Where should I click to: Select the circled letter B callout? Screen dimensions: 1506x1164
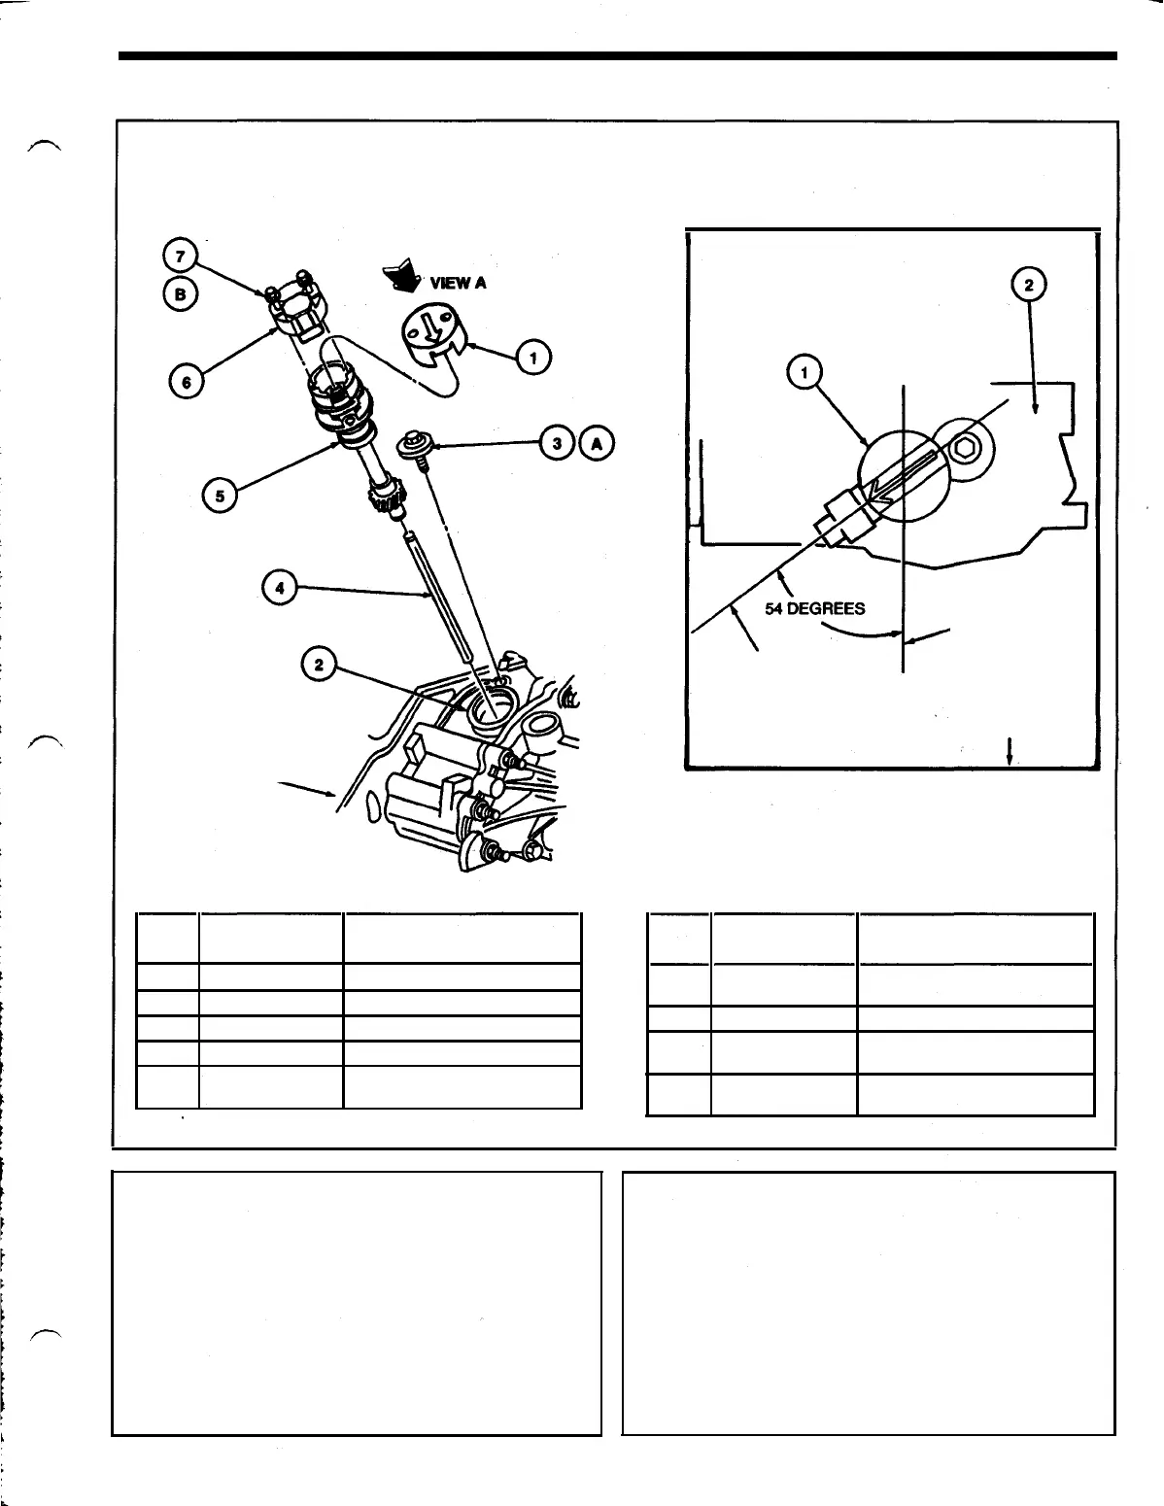click(x=181, y=291)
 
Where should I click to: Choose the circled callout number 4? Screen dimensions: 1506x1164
click(x=279, y=588)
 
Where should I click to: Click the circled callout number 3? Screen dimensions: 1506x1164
click(x=557, y=443)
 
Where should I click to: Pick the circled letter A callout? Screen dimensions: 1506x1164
click(x=597, y=443)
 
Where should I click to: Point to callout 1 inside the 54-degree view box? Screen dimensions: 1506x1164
click(x=805, y=371)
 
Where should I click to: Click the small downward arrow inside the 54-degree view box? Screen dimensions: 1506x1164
click(x=1010, y=751)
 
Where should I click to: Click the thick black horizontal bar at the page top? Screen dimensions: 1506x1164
click(x=618, y=56)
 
